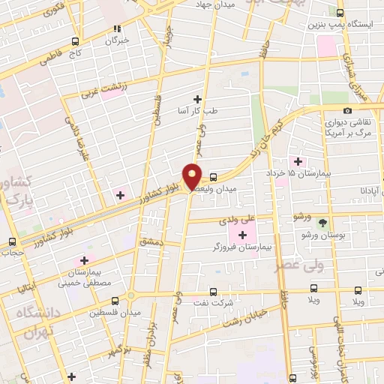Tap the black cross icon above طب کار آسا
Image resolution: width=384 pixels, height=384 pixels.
(x=198, y=99)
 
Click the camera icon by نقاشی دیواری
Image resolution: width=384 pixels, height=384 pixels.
(x=347, y=111)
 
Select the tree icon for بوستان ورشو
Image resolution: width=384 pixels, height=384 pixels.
(x=323, y=223)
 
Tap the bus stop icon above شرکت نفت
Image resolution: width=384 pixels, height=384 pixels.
(x=214, y=292)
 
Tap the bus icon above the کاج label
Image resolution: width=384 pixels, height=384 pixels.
(x=74, y=42)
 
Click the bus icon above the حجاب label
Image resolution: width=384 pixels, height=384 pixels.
(x=11, y=241)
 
